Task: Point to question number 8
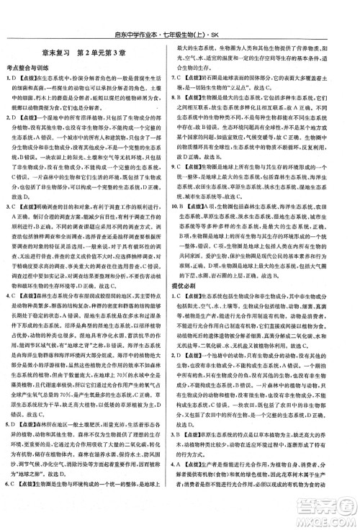[x=186, y=96]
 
